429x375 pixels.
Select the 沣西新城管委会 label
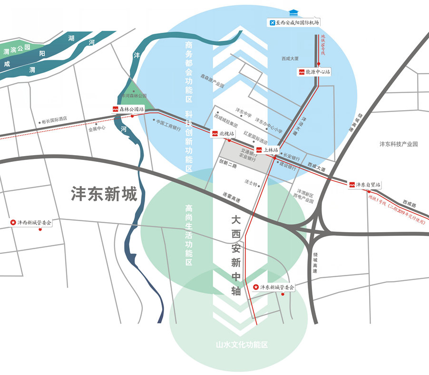34,222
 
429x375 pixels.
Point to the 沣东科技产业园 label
398,144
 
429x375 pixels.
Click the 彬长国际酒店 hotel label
54,120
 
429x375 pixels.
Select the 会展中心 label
97,128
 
